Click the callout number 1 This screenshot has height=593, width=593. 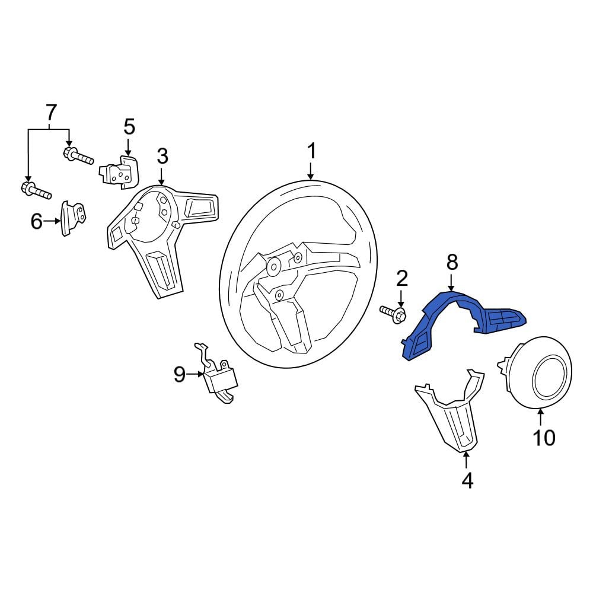tap(311, 151)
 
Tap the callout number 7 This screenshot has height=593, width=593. tap(50, 111)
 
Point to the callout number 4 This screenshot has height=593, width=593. tap(467, 481)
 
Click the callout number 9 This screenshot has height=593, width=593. tap(179, 374)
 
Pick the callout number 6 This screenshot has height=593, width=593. tap(36, 221)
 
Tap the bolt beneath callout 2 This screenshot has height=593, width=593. tap(393, 315)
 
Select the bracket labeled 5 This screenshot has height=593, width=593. tap(120, 172)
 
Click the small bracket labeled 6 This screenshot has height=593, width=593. tap(72, 218)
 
